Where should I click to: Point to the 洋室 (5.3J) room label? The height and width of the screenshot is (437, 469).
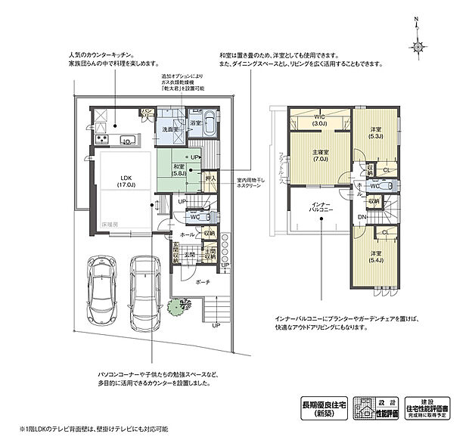click(376, 132)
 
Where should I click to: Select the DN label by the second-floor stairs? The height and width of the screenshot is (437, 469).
click(363, 217)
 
